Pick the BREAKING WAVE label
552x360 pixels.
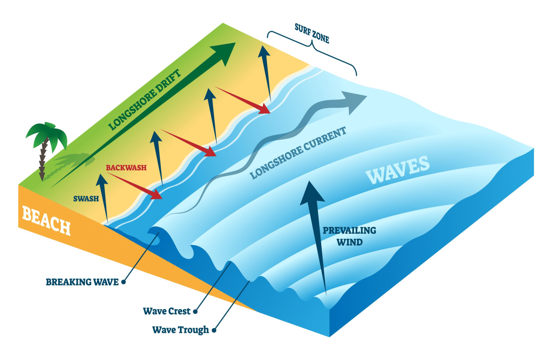point(82,282)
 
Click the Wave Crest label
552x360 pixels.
point(167,311)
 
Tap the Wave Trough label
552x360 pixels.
point(181,330)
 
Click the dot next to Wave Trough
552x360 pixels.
point(214,331)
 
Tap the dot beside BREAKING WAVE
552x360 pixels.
point(124,282)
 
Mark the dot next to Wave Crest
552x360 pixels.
point(195,311)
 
